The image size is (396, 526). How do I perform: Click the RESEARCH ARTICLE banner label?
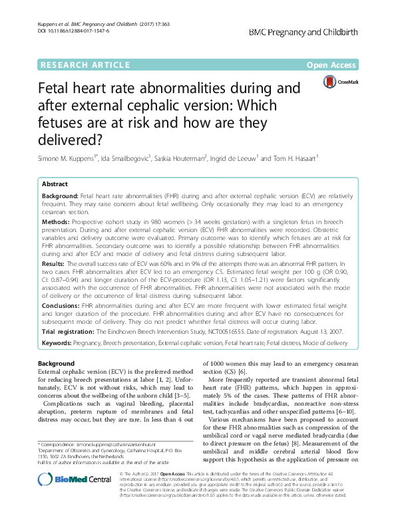[x=85, y=65]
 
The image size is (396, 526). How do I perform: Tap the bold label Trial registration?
[x=69, y=331]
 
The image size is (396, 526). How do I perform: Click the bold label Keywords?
[x=59, y=342]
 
